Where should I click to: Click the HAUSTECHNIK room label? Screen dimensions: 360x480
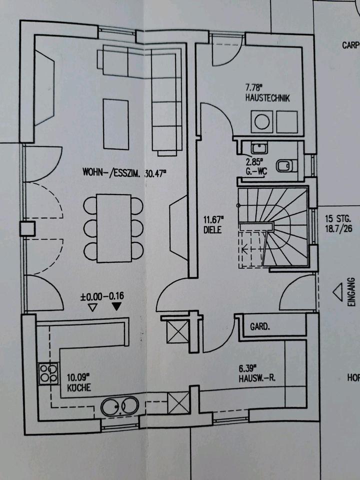pos(267,98)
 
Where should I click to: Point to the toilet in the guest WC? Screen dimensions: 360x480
pos(284,166)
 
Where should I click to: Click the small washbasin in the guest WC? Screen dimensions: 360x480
pos(258,147)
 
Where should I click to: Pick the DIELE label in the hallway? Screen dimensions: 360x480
pos(212,229)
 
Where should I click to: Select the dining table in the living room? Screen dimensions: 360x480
pos(113,228)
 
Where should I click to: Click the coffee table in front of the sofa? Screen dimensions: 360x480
pos(115,123)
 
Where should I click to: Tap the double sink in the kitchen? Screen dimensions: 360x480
pos(120,406)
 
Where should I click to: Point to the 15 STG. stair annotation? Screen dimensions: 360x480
pos(338,218)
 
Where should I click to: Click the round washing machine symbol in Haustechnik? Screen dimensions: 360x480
pos(261,121)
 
